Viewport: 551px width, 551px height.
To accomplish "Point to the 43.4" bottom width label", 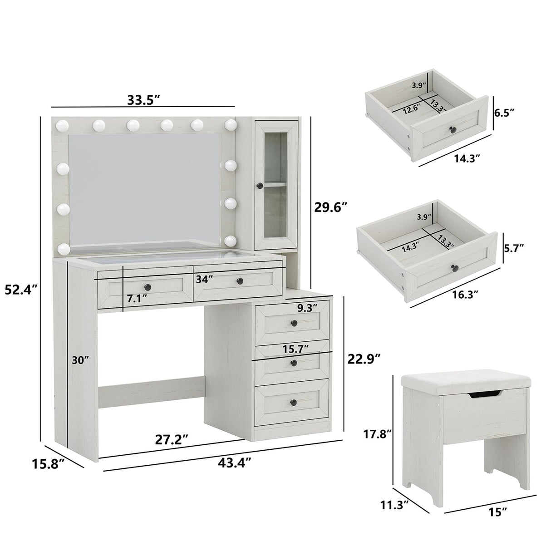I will tap(235, 462).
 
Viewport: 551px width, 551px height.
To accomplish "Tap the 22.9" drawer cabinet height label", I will tap(364, 358).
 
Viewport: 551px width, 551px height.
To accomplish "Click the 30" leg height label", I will tap(80, 360).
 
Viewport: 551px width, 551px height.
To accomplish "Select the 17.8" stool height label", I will tap(378, 433).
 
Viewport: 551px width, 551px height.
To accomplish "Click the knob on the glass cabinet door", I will tap(260, 185).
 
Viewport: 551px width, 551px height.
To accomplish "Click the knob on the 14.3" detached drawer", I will tap(452, 130).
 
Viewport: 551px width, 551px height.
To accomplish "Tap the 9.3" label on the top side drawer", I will tap(307, 308).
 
